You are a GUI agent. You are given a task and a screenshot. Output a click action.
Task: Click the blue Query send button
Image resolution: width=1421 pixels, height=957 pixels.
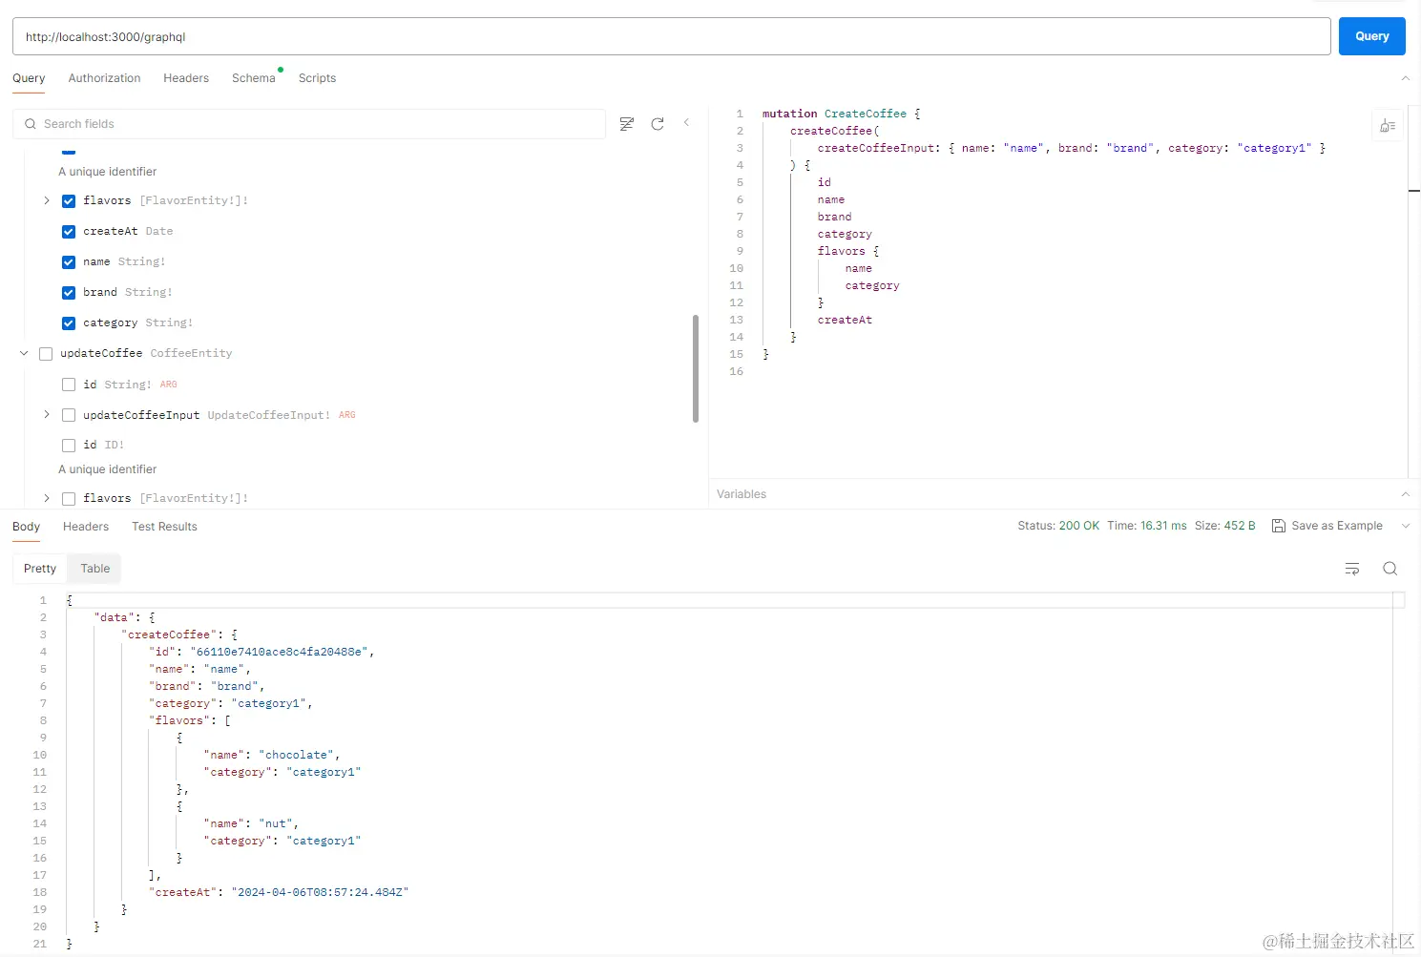[1371, 36]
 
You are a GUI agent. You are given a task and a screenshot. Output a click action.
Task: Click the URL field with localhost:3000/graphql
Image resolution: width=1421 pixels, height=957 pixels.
[668, 36]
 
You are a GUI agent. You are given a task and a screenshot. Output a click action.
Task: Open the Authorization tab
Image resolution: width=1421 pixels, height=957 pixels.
[104, 78]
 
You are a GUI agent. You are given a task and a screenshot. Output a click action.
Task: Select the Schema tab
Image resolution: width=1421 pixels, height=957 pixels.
[253, 78]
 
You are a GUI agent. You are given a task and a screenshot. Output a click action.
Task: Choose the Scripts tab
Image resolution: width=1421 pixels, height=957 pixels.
[317, 78]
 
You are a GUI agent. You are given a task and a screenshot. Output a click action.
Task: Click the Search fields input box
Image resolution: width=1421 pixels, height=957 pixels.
[315, 124]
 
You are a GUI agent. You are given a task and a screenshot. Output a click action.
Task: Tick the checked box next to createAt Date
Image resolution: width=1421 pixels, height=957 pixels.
[69, 232]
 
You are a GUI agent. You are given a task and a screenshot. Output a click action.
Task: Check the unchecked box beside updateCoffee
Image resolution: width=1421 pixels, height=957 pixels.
[46, 354]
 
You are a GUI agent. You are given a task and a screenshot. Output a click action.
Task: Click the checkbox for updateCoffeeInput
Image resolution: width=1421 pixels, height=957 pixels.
[69, 415]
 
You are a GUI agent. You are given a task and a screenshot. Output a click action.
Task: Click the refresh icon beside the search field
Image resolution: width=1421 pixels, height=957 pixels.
[658, 124]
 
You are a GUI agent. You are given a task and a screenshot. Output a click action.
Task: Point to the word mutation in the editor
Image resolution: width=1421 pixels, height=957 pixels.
[789, 114]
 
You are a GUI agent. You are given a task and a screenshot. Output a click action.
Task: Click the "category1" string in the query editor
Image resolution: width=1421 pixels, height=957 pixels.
[1274, 148]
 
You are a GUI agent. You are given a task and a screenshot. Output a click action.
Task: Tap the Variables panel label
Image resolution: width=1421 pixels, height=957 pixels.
[742, 494]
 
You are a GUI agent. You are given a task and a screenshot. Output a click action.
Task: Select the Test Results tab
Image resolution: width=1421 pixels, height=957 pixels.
[164, 527]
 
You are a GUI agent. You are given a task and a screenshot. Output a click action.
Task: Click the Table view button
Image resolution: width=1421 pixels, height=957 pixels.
[94, 569]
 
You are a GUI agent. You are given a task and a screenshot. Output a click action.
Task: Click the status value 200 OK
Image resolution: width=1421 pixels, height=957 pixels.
[1078, 526]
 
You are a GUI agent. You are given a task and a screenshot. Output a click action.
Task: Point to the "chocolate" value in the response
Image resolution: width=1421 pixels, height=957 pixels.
[297, 755]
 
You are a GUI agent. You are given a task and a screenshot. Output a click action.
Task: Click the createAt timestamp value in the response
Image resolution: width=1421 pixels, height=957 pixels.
[320, 892]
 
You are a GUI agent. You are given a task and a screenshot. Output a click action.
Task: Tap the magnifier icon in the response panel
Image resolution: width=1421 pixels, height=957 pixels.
[1390, 569]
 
